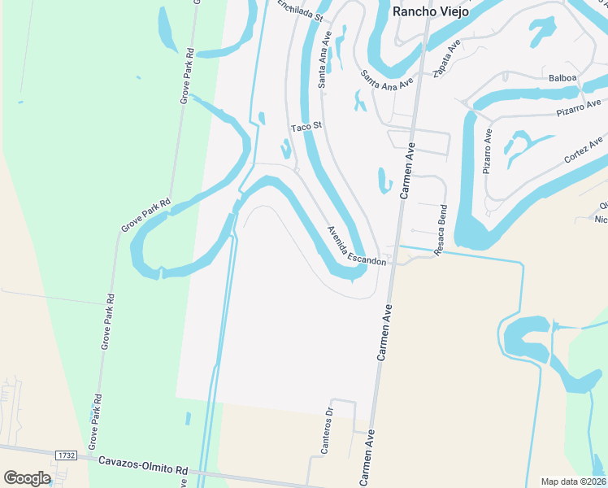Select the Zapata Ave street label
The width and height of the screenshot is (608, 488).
[x=446, y=56]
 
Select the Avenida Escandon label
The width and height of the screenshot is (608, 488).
[x=356, y=245]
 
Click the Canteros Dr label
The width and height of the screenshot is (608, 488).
[x=327, y=429]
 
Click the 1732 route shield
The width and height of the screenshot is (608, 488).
[x=67, y=455]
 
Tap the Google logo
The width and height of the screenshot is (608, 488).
[x=27, y=478]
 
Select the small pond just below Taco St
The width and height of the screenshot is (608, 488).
[x=285, y=149]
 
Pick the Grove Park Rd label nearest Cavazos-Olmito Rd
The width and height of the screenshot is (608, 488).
[x=94, y=420]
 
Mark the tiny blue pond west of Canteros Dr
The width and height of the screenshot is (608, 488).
[x=188, y=418]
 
